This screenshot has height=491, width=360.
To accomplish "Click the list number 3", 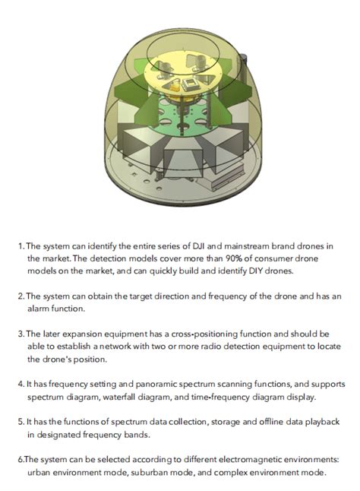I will point(20,334).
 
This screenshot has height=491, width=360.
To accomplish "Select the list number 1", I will point(20,246).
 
